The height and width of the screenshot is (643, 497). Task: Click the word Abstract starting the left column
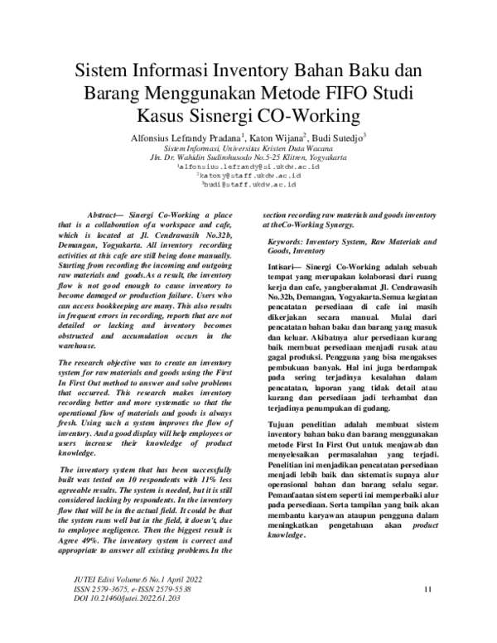pos(106,214)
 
